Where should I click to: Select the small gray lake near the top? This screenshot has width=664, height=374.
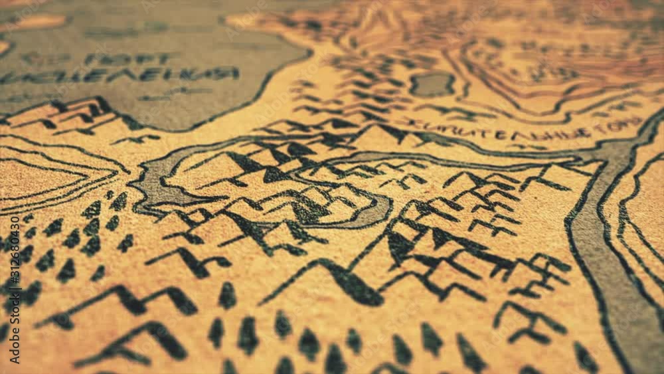tap(432, 84)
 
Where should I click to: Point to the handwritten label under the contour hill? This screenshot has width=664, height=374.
tap(525, 128)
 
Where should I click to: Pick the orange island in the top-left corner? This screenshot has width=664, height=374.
tap(33, 22)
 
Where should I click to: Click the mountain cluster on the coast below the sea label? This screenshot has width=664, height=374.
tap(73, 114)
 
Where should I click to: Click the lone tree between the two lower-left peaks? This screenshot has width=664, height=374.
tap(227, 296)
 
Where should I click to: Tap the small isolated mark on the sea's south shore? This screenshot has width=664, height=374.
tap(136, 140)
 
